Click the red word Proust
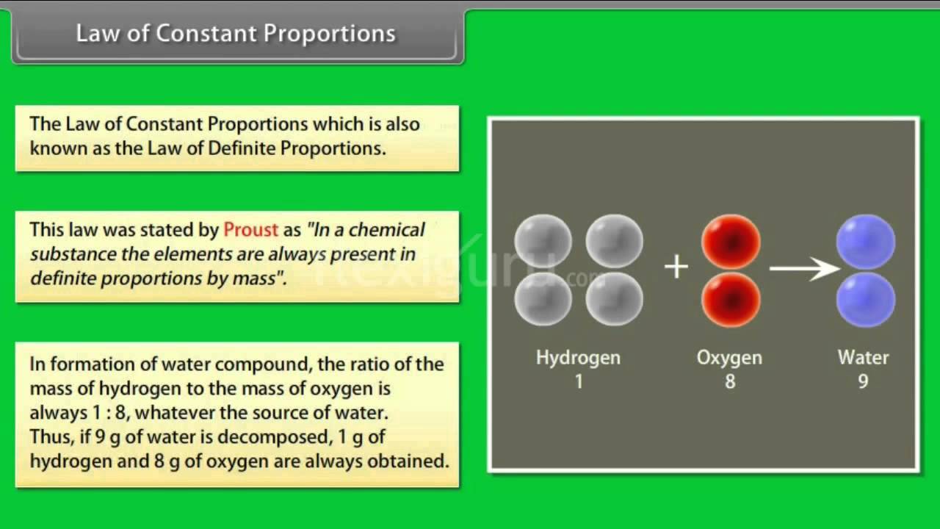(250, 229)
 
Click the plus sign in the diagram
(676, 267)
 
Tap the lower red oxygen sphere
(731, 299)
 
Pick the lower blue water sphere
(866, 300)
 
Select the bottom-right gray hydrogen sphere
(614, 299)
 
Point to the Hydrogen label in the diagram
(578, 358)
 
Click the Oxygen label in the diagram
(729, 358)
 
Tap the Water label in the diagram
(863, 358)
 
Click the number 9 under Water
(863, 382)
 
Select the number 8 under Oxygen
(730, 382)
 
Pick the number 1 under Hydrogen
(579, 382)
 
